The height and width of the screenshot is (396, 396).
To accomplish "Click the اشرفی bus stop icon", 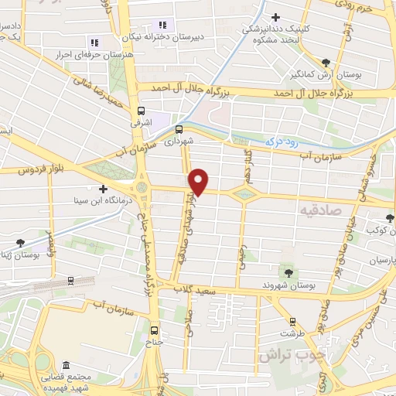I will point(141,111).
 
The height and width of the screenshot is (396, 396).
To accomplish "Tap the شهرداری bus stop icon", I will point(179,130).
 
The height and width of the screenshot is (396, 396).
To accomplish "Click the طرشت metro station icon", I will point(292,321).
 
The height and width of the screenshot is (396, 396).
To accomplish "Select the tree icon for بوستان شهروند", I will point(288,271).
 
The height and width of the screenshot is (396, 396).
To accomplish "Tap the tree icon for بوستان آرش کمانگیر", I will point(326,64).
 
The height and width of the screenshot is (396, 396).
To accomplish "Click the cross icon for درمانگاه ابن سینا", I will point(103,189).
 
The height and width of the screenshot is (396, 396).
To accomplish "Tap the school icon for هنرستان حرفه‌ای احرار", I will point(95,43).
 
